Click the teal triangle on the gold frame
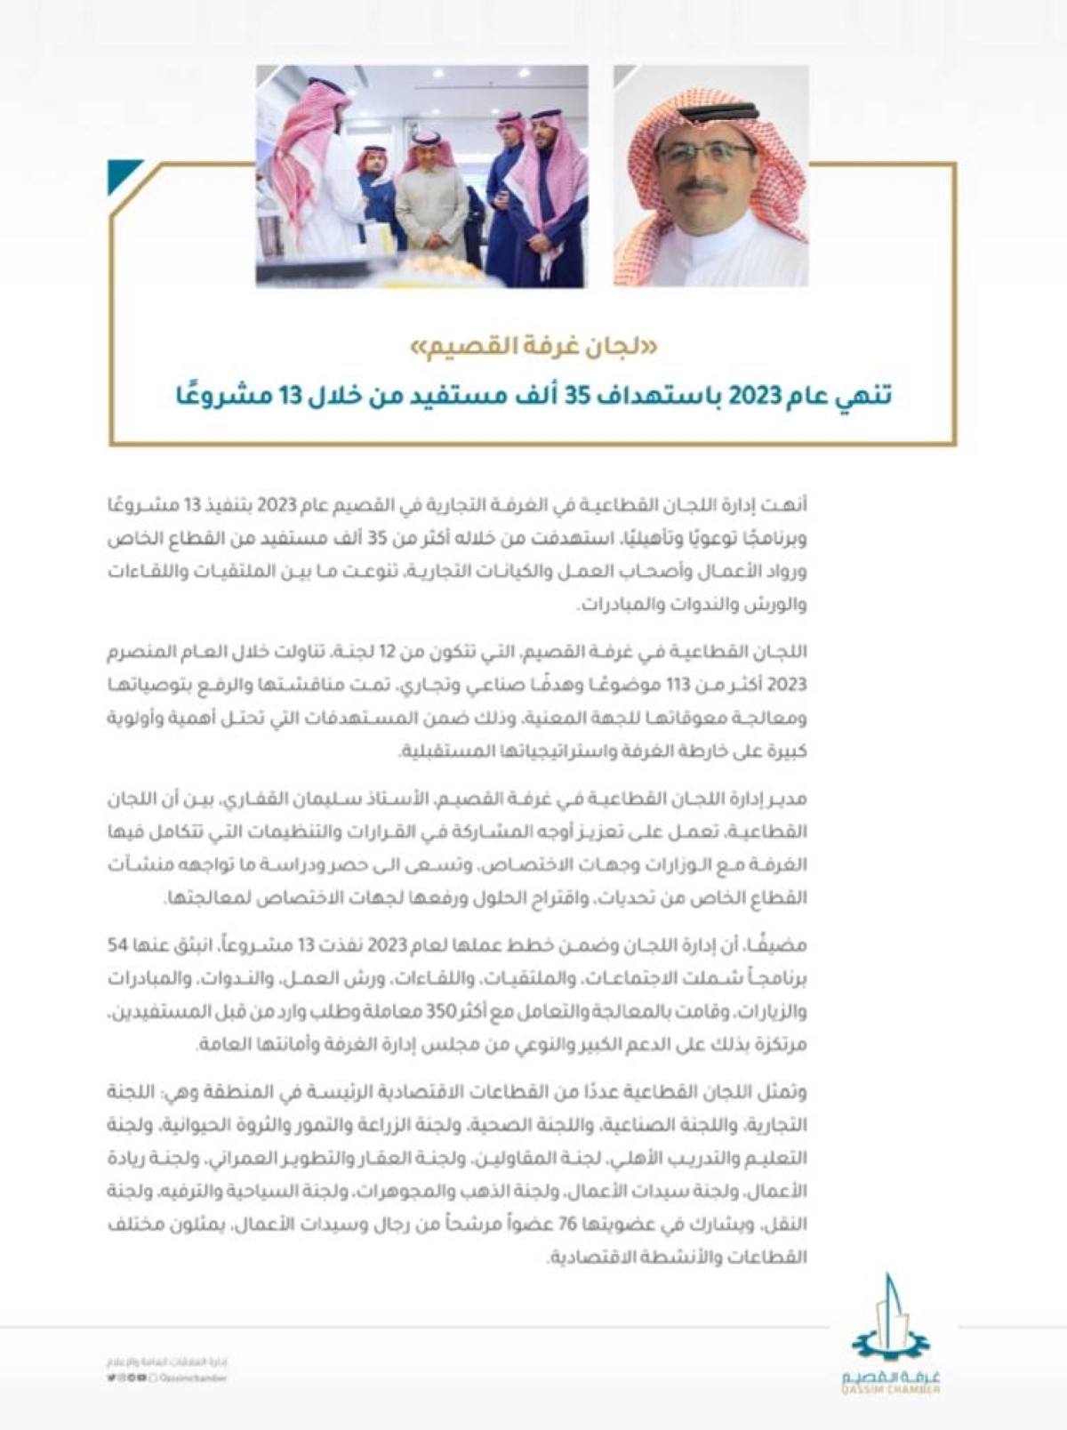pyautogui.click(x=123, y=175)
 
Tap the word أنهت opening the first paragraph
pyautogui.click(x=790, y=505)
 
